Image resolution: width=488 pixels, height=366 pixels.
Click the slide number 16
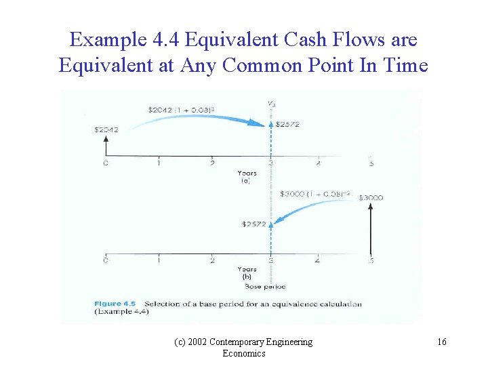[x=441, y=342]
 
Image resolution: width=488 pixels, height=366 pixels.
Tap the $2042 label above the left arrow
[x=106, y=129]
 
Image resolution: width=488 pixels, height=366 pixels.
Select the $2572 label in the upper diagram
[x=287, y=125]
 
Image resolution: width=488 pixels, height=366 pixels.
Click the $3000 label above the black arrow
[x=371, y=197]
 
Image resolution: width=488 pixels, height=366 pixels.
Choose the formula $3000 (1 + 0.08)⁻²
[x=315, y=194]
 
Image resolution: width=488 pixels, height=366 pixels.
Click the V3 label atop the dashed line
[x=271, y=103]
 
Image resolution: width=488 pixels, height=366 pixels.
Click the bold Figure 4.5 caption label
[x=117, y=304]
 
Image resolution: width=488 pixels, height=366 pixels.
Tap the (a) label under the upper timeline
[x=247, y=181]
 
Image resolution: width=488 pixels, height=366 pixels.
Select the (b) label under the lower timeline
[x=247, y=277]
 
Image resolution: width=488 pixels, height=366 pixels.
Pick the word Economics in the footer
[x=244, y=353]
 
